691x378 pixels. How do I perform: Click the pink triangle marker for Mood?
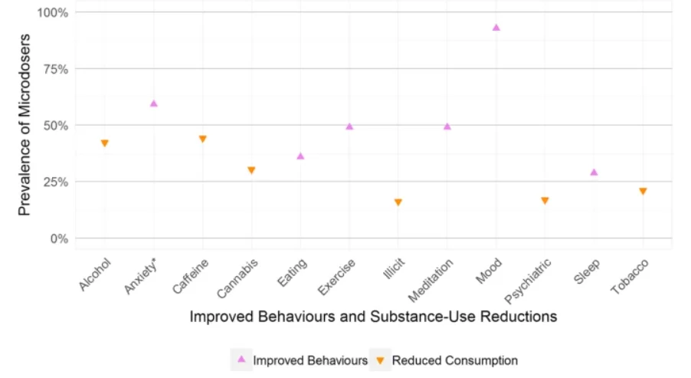496,28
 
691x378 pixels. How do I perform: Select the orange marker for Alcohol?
105,143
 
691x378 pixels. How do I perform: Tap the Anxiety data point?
154,104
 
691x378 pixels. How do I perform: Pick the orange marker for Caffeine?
203,139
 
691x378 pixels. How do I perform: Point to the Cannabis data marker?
251,170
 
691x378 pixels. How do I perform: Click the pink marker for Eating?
300,156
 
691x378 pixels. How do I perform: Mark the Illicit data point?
398,202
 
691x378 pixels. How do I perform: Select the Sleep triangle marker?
594,173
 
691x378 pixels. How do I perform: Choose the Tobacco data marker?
643,191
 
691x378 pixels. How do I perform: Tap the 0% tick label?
58,238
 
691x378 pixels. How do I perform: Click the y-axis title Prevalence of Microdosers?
25,124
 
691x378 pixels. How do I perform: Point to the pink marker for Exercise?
349,127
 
